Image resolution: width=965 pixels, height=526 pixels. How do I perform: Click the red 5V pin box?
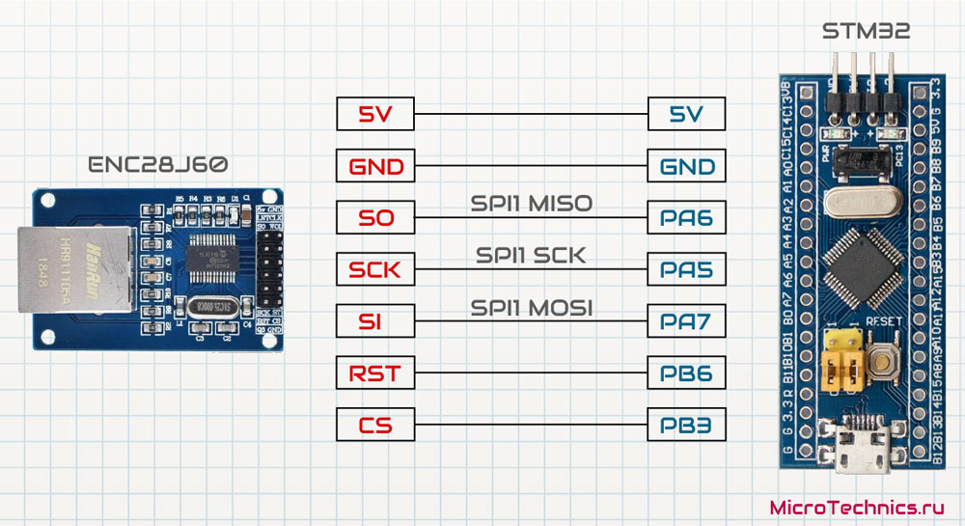375,116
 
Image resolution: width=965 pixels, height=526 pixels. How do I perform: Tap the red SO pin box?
375,218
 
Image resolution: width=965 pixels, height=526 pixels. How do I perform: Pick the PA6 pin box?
688,218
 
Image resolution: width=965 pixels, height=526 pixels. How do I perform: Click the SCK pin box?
375,269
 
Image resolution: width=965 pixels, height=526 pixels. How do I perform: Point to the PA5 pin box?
688,269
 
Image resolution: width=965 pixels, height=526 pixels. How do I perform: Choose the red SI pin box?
375,320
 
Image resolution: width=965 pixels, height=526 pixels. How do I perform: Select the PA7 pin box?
688,320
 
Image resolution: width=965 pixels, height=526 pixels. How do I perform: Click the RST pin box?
375,372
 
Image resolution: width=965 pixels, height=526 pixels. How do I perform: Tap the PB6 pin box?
688,372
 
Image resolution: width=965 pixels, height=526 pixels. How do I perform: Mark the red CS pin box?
375,423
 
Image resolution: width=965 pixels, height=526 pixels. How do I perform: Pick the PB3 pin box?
688,423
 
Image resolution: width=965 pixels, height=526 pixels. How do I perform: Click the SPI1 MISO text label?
531,204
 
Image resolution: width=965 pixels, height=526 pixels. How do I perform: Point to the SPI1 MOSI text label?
531,307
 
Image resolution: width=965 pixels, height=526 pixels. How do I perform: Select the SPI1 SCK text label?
531,256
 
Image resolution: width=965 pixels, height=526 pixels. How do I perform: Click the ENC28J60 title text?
158,165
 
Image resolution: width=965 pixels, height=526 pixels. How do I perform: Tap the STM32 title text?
866,33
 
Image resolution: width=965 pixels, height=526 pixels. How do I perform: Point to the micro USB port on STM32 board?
863,454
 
